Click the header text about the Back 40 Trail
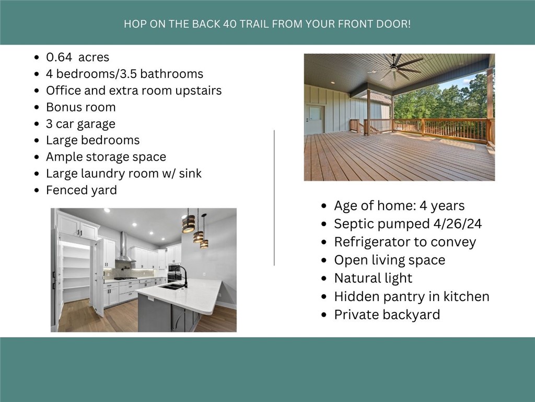pyautogui.click(x=267, y=24)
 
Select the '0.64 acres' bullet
pyautogui.click(x=77, y=57)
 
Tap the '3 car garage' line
pyautogui.click(x=80, y=124)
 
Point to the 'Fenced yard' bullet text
pyautogui.click(x=81, y=190)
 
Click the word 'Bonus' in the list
pyautogui.click(x=63, y=107)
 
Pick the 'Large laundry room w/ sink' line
pyautogui.click(x=124, y=173)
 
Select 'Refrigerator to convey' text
pyautogui.click(x=405, y=242)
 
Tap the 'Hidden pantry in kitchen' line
pyautogui.click(x=412, y=296)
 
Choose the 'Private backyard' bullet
pyautogui.click(x=387, y=315)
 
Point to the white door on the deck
pyautogui.click(x=315, y=119)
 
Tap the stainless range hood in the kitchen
pyautogui.click(x=123, y=248)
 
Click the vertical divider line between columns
pyautogui.click(x=274, y=197)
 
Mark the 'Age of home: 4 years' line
pyautogui.click(x=399, y=206)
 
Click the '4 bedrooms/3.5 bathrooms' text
pyautogui.click(x=124, y=74)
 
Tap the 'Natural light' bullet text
pyautogui.click(x=373, y=278)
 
